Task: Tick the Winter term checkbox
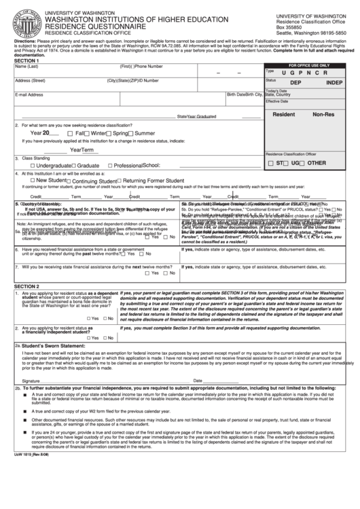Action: [x=88, y=133]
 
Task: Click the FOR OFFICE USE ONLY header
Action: [x=310, y=65]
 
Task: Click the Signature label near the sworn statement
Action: [x=31, y=381]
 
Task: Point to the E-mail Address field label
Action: [x=29, y=94]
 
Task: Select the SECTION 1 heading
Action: [x=27, y=60]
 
